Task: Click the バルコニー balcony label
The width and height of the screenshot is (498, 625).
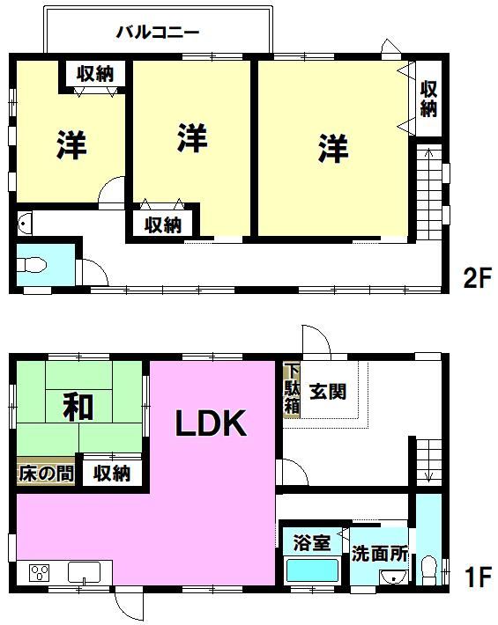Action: [158, 33]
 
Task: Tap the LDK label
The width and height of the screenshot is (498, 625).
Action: [211, 423]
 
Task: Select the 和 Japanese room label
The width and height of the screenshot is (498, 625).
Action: [78, 408]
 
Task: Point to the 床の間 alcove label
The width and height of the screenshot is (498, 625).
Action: [47, 474]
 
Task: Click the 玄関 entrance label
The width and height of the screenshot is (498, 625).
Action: [328, 392]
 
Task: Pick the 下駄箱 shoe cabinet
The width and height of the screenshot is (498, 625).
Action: [292, 389]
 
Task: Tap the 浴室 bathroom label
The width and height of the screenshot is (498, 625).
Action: [311, 542]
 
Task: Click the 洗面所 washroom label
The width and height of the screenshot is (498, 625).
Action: [380, 554]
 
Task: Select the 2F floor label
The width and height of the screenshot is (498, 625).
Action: [477, 278]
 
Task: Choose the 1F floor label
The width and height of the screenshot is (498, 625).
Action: [478, 577]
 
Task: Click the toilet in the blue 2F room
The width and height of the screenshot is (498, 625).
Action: [32, 265]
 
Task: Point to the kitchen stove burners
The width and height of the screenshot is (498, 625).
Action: [39, 573]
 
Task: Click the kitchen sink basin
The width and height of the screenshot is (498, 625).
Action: [85, 572]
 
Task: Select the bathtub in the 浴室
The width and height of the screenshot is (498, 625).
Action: [312, 570]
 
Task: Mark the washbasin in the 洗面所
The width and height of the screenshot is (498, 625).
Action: [393, 577]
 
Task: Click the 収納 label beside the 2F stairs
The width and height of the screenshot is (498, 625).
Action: [428, 99]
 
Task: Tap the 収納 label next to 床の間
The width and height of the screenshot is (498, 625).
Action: [112, 474]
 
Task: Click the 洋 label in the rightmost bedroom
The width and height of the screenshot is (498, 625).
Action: [333, 148]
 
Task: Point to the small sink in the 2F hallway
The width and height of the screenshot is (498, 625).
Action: [25, 224]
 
